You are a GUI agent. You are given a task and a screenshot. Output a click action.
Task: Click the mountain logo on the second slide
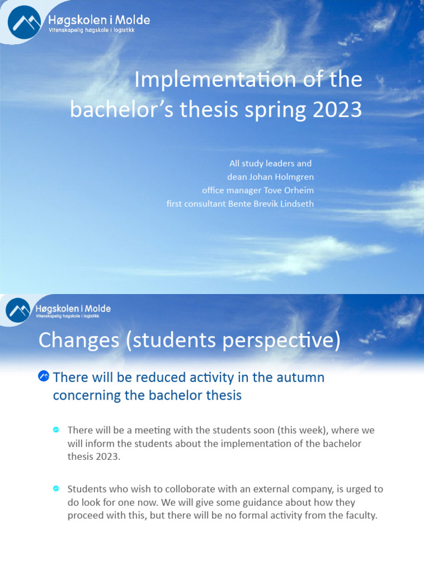19,310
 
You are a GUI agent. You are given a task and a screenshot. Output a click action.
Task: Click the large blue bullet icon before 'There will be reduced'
44,377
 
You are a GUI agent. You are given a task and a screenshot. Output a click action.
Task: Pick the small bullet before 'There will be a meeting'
56,429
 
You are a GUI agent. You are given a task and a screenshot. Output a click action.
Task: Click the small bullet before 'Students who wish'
56,489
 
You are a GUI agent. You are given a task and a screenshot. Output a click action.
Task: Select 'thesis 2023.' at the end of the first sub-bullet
93,457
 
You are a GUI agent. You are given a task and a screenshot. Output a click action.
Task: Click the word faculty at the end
358,516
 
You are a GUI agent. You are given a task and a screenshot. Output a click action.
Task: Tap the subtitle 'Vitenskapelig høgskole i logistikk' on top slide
88,30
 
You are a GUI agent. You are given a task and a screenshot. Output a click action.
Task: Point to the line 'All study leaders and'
271,164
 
